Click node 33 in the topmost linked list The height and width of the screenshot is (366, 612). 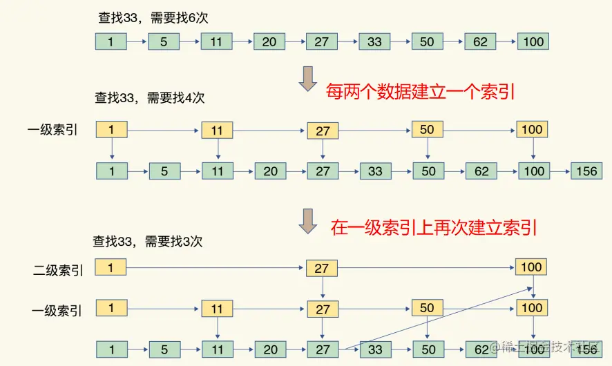click(374, 41)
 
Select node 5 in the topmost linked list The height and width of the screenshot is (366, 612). click(164, 41)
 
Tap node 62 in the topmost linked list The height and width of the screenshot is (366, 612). click(480, 41)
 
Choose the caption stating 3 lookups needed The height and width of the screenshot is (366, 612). click(148, 242)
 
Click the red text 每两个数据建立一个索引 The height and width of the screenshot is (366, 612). click(421, 92)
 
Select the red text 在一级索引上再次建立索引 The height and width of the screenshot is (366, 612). click(434, 227)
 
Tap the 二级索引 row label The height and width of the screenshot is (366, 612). click(58, 271)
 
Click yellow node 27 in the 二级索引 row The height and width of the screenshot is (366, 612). click(322, 267)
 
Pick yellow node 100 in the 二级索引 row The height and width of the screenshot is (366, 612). click(531, 267)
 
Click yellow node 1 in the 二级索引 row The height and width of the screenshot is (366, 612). click(111, 267)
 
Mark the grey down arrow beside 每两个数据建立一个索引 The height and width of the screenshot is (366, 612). click(307, 79)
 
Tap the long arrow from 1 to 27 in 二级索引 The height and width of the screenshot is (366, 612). click(216, 267)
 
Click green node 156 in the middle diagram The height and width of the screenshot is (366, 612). click(586, 171)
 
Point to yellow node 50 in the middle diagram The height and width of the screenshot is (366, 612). click(427, 129)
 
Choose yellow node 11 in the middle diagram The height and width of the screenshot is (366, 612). click(216, 129)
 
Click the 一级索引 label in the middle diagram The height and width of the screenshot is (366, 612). click(52, 130)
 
